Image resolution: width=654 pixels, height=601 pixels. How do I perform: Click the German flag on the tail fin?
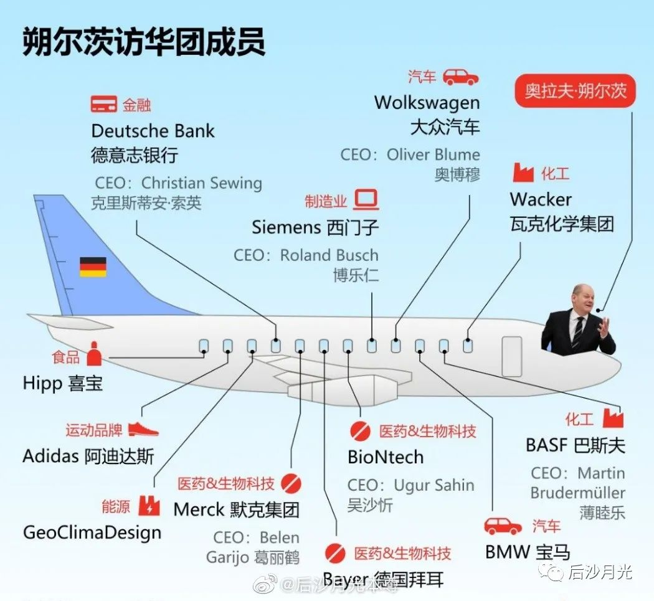coord(93,267)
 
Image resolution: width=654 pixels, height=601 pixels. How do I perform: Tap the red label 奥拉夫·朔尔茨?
coord(576,92)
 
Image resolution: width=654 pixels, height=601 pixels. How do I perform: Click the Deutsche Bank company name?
coord(153,131)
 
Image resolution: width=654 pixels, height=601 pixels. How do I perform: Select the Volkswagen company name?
coord(427,102)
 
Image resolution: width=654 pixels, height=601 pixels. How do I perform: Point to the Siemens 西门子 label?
coord(315,227)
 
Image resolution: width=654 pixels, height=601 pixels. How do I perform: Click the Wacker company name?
coord(541,199)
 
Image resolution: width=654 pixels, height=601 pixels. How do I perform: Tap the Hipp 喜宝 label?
coord(62,382)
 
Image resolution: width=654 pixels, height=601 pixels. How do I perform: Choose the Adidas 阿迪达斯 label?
coord(88,456)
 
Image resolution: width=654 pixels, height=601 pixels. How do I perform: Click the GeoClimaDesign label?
coord(92,532)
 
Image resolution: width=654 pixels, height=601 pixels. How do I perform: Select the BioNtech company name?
coord(386,457)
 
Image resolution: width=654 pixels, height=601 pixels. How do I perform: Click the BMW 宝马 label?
coord(527,552)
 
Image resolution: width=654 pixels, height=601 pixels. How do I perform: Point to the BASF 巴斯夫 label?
coord(575,445)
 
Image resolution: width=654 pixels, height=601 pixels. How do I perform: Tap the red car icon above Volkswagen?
coord(460,77)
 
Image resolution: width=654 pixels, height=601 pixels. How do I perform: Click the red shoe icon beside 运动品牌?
coord(143,429)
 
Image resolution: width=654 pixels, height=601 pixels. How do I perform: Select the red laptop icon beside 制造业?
coord(366,201)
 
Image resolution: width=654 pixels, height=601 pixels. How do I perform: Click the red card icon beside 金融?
coord(103,104)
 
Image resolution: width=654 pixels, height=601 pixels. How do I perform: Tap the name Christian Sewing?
coord(201,183)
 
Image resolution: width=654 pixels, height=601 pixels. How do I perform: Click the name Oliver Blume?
coord(433,154)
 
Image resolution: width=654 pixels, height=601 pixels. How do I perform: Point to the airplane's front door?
coord(512,356)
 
